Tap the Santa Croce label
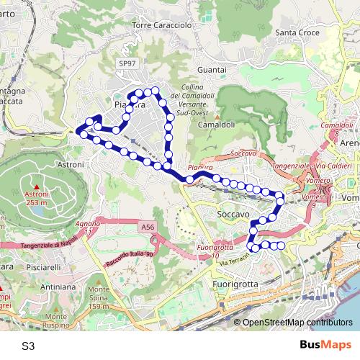296,52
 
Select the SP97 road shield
127,64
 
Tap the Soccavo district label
233,215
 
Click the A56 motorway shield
148,228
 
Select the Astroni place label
71,165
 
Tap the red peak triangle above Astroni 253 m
36,186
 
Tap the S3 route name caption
28,346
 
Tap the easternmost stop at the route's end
282,247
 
